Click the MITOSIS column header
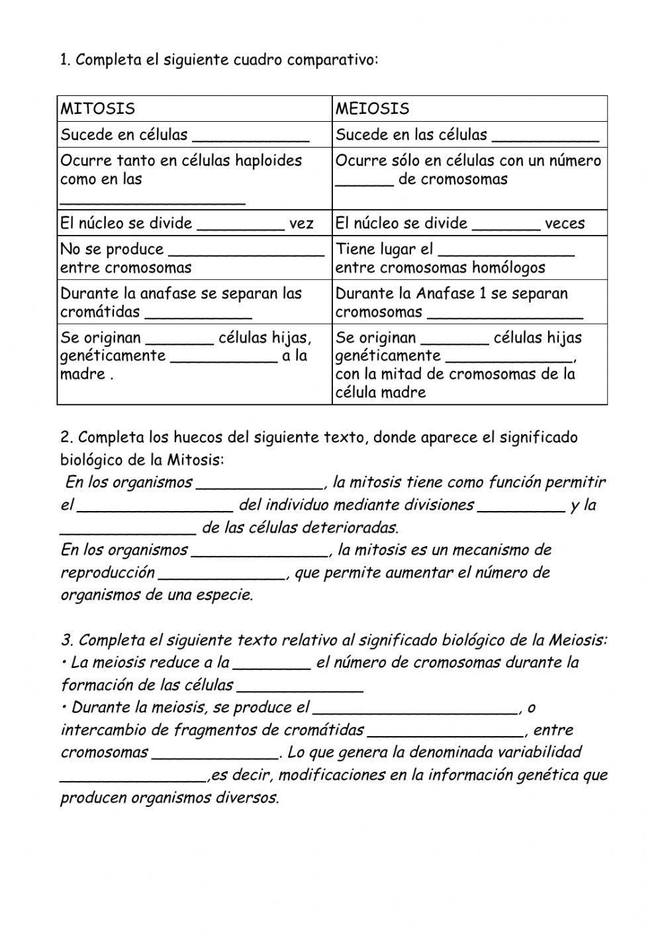(97, 109)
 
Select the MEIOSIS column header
(372, 109)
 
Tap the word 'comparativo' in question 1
(336, 60)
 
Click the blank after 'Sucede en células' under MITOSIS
(250, 136)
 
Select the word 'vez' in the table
(301, 224)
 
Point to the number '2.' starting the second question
(66, 438)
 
